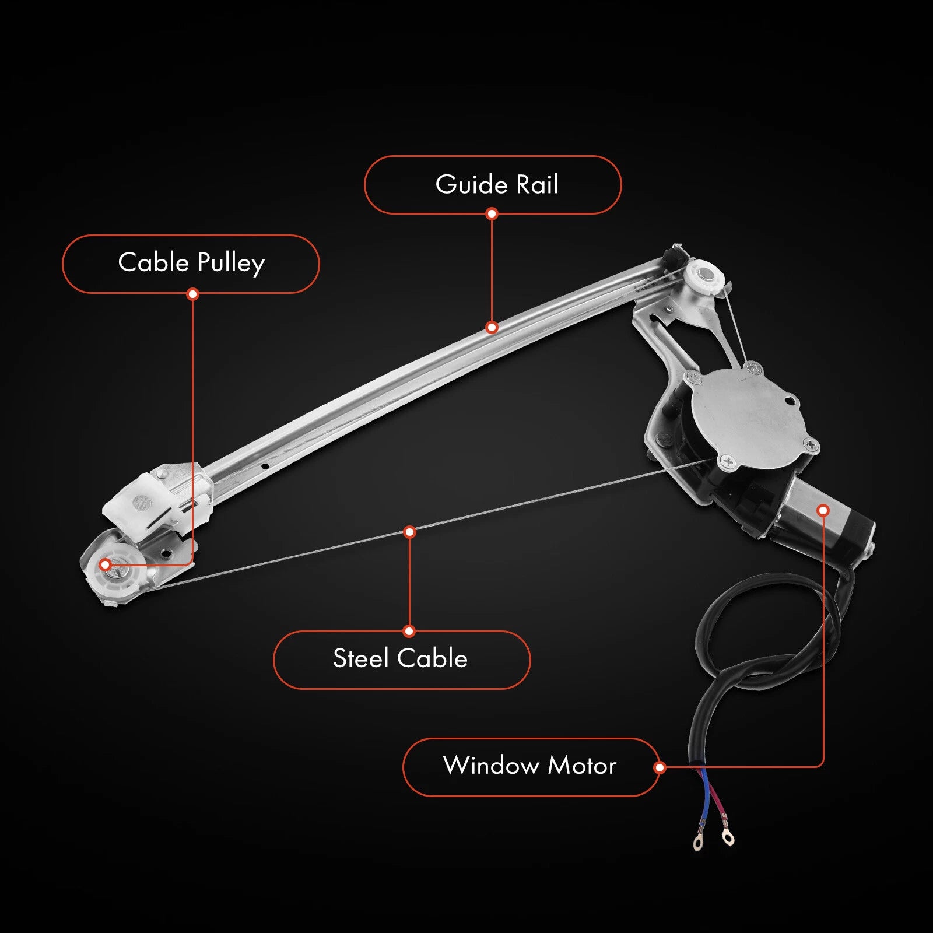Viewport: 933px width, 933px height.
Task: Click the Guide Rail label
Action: tap(493, 184)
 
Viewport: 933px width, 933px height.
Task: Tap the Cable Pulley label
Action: tap(191, 264)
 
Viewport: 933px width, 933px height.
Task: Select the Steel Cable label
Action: tap(401, 659)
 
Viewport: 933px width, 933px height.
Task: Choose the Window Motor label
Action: tap(530, 766)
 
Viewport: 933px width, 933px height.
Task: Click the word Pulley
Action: tap(231, 264)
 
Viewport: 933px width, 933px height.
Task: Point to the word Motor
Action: tap(582, 766)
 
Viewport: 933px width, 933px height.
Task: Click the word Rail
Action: tap(537, 184)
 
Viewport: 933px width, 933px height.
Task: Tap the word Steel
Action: tap(360, 659)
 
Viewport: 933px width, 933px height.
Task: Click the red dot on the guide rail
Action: tap(492, 327)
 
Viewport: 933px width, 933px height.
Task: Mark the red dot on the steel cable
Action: tap(409, 532)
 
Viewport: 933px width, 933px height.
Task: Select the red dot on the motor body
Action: tap(823, 510)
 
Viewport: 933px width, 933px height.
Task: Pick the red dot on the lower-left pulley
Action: tap(106, 564)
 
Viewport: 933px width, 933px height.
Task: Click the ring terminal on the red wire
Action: tap(728, 837)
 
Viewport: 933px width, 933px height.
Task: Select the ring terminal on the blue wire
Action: tap(697, 843)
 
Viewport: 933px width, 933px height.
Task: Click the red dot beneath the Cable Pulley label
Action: tap(193, 294)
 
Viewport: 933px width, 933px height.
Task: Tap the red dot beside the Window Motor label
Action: tap(660, 767)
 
